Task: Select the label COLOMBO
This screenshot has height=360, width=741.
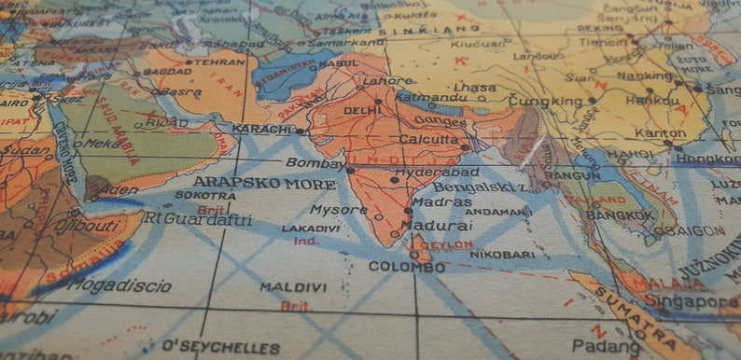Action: (406, 267)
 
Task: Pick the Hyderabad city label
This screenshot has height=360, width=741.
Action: (437, 173)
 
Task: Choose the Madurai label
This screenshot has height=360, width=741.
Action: (439, 226)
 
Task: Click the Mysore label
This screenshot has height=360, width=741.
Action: (339, 210)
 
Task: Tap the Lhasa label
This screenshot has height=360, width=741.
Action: (477, 88)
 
